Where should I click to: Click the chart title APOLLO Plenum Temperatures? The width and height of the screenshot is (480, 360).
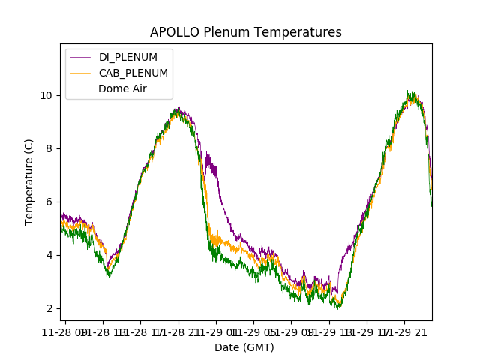pyautogui.click(x=245, y=32)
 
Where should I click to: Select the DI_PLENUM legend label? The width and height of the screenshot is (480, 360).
pyautogui.click(x=128, y=57)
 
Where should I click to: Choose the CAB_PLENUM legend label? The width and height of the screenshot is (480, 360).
pyautogui.click(x=133, y=73)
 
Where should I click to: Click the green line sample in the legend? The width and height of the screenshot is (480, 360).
pyautogui.click(x=81, y=88)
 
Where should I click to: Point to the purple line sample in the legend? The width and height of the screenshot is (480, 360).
pyautogui.click(x=81, y=57)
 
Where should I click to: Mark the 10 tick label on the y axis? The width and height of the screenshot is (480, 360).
pyautogui.click(x=47, y=95)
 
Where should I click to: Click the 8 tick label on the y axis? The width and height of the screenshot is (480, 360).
pyautogui.click(x=50, y=148)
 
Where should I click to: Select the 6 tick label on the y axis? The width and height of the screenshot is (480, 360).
pyautogui.click(x=50, y=202)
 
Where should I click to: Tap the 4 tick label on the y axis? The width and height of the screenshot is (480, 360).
pyautogui.click(x=50, y=255)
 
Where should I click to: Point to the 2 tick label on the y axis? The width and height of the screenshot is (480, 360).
pyautogui.click(x=50, y=308)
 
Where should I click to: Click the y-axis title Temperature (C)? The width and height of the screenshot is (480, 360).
pyautogui.click(x=29, y=181)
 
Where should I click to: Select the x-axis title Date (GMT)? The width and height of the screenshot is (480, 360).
pyautogui.click(x=244, y=347)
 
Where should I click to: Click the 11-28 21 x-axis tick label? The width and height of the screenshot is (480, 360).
pyautogui.click(x=178, y=331)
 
